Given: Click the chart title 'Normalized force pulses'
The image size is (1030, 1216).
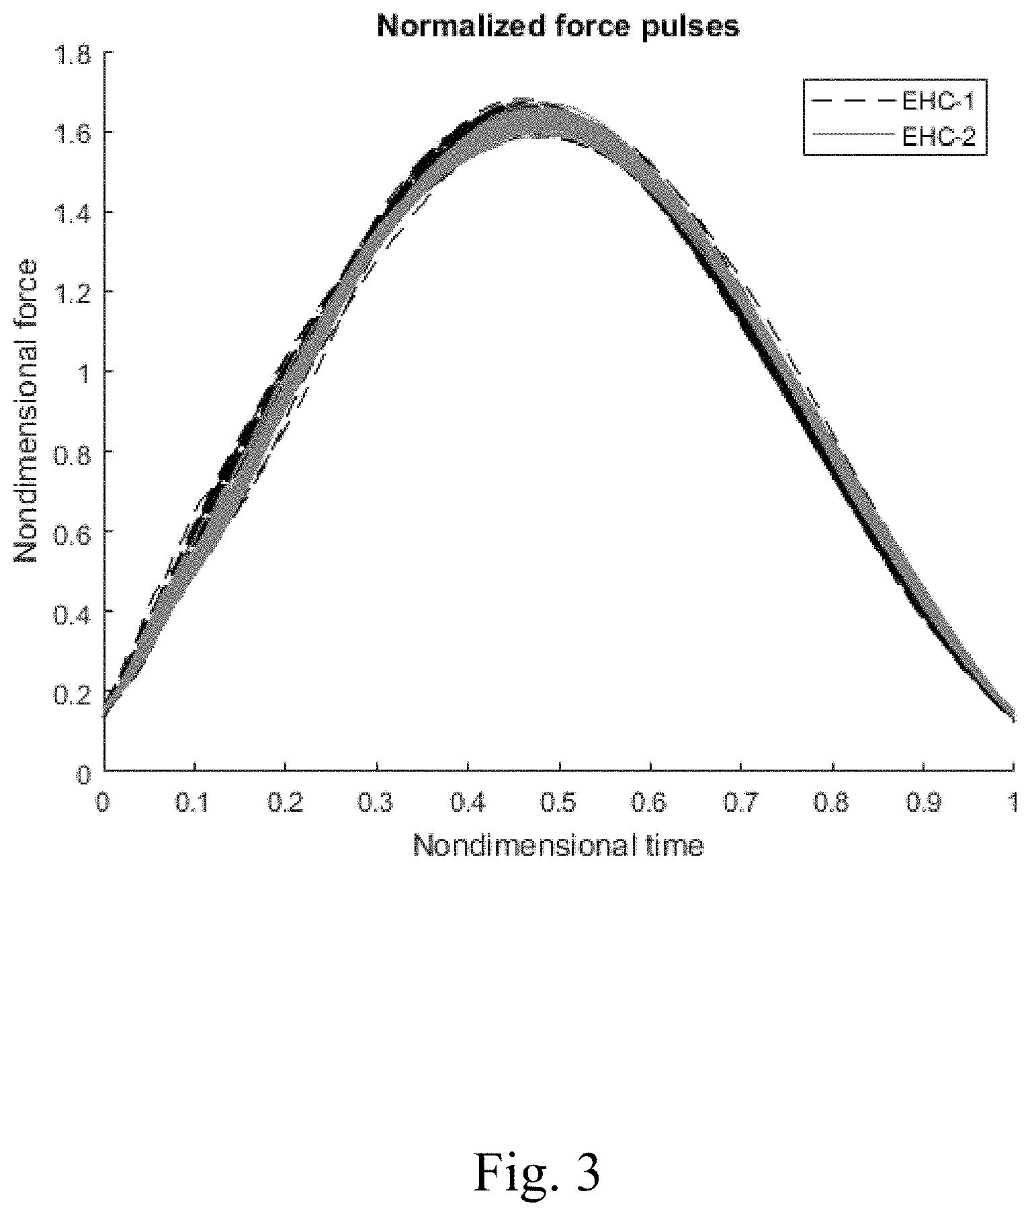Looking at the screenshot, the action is (x=558, y=26).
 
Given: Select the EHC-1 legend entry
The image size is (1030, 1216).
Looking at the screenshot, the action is (x=894, y=102).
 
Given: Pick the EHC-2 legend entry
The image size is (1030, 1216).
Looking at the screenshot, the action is (x=894, y=136).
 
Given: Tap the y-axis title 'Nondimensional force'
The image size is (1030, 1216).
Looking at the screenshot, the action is (x=28, y=412).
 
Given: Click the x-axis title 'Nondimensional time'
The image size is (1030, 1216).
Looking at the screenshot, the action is (x=558, y=845).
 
